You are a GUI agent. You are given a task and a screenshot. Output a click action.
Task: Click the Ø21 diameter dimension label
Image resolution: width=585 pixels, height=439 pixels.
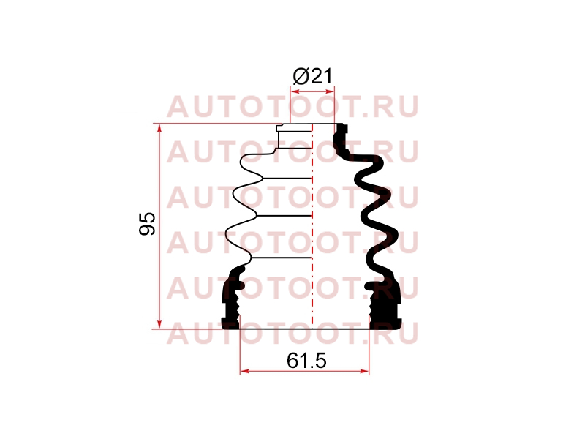(x=312, y=77)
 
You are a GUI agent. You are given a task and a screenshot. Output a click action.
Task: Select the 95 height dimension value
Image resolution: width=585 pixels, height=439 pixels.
(x=147, y=224)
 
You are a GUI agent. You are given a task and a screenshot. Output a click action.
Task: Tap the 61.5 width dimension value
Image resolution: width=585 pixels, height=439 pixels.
(x=306, y=361)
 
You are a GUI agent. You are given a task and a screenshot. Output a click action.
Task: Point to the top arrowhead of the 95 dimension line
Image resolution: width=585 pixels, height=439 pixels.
(x=159, y=129)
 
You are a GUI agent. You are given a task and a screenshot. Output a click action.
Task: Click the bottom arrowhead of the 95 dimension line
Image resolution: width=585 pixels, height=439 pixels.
(x=159, y=324)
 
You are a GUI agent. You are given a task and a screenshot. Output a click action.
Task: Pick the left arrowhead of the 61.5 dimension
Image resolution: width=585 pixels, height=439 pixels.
(x=245, y=371)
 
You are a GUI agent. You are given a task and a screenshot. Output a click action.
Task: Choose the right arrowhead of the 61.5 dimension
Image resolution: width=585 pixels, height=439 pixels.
(x=364, y=371)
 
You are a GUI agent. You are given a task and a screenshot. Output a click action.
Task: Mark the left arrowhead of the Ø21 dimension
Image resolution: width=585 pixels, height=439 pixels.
(x=295, y=91)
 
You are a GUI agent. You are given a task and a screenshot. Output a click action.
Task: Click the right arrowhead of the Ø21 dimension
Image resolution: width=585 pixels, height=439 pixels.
(x=330, y=91)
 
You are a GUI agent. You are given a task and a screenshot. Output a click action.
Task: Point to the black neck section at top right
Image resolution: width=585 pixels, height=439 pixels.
(x=341, y=140)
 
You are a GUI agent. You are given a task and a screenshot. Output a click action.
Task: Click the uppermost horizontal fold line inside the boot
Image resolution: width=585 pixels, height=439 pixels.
(x=287, y=179)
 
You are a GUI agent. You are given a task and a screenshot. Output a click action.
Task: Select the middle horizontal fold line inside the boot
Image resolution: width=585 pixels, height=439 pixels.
(x=284, y=216)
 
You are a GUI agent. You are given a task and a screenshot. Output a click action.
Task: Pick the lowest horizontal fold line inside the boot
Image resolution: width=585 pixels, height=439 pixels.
(x=282, y=258)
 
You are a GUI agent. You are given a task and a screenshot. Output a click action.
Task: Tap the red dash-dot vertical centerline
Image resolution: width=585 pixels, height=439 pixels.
(x=312, y=226)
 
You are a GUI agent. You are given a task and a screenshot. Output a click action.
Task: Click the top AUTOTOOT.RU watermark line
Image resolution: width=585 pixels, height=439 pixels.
(x=292, y=107)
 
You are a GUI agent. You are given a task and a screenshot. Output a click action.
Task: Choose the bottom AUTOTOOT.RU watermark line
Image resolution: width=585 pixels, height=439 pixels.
(x=292, y=333)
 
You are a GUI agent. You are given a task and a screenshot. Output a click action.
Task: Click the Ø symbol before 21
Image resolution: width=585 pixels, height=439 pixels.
(x=301, y=77)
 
